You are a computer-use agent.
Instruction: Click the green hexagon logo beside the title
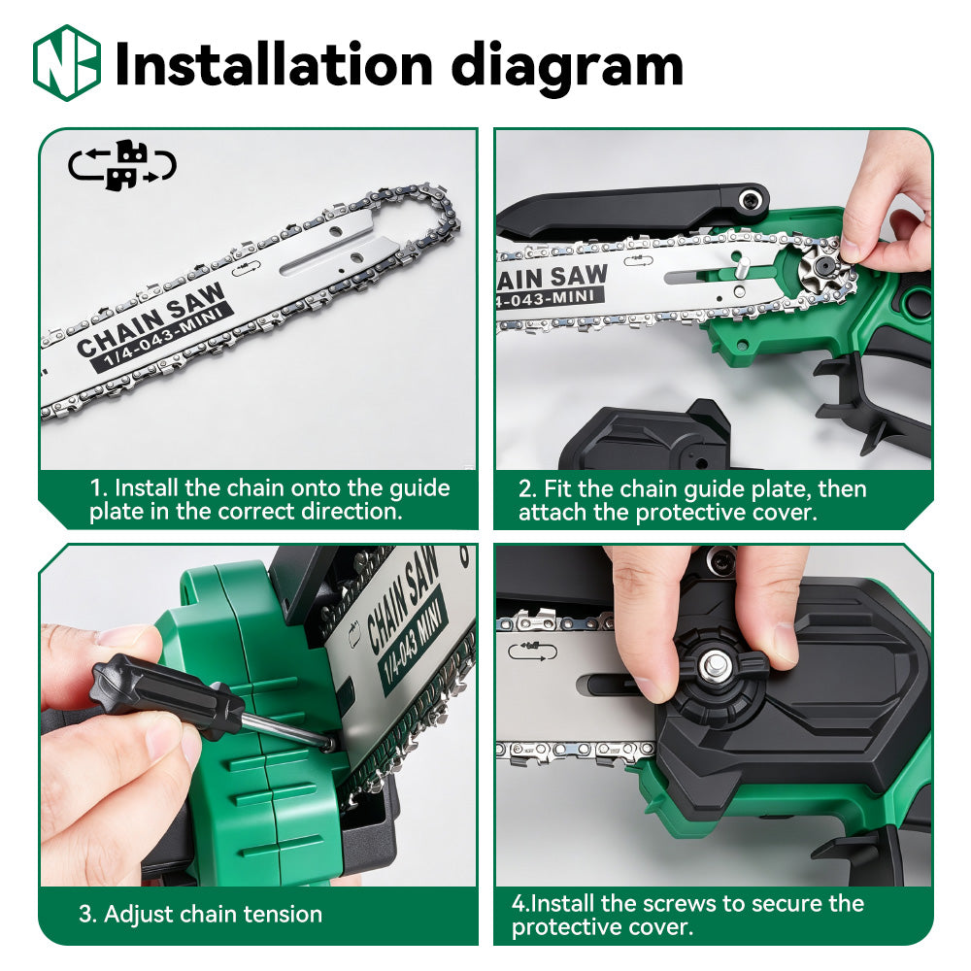[67, 63]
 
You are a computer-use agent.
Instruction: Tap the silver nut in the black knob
[716, 666]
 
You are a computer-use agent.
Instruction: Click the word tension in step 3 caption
[283, 914]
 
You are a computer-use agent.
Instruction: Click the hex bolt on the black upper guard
[752, 199]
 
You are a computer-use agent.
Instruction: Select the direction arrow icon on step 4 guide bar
[532, 652]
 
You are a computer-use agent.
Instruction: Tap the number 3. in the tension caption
[87, 914]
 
